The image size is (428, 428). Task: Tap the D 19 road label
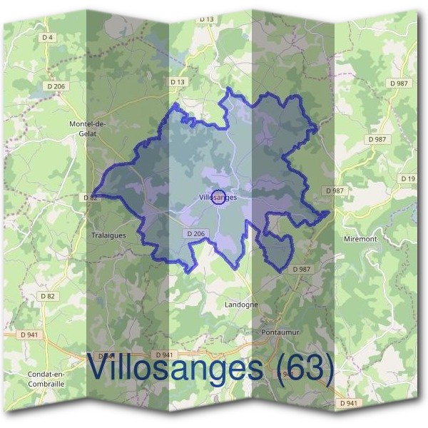[407, 178]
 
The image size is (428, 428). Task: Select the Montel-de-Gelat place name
[87, 128]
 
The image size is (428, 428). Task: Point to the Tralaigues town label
[109, 234]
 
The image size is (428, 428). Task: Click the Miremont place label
[360, 239]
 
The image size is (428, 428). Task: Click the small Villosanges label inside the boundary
[218, 197]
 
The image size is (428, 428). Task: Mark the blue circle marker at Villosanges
[219, 198]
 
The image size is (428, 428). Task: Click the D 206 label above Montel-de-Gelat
[58, 86]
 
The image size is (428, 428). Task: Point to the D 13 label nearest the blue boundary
[177, 83]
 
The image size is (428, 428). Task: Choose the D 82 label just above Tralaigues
[90, 197]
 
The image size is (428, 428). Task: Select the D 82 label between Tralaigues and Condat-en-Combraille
[47, 295]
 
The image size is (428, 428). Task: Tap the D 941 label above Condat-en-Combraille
[29, 334]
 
